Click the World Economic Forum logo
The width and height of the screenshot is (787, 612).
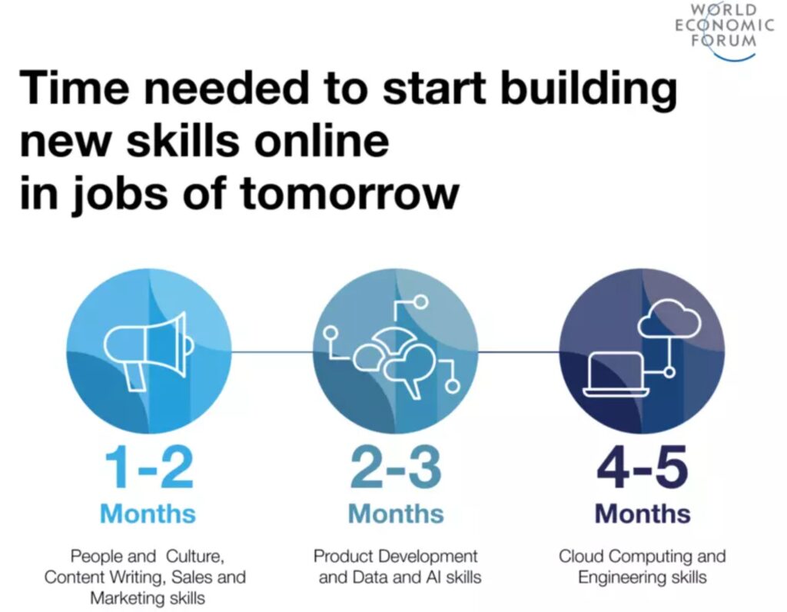point(724,31)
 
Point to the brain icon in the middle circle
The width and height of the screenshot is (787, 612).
point(397,359)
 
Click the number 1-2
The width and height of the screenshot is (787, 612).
point(148,467)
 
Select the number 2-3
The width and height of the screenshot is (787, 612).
point(396,467)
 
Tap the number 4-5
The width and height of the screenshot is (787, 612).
point(643,467)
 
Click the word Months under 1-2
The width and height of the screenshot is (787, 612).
point(148,514)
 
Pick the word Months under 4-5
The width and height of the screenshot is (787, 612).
point(643,514)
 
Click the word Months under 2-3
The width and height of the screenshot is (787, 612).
point(396,514)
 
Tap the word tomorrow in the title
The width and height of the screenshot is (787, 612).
point(350,194)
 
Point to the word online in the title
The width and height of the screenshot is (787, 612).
point(321,140)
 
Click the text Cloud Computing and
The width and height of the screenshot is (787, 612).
point(643,557)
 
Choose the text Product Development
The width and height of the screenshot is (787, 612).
point(396,557)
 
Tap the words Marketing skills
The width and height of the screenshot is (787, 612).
point(148,598)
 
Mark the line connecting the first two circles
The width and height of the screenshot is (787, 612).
point(272,351)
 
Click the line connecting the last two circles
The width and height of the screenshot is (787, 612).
point(519,351)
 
